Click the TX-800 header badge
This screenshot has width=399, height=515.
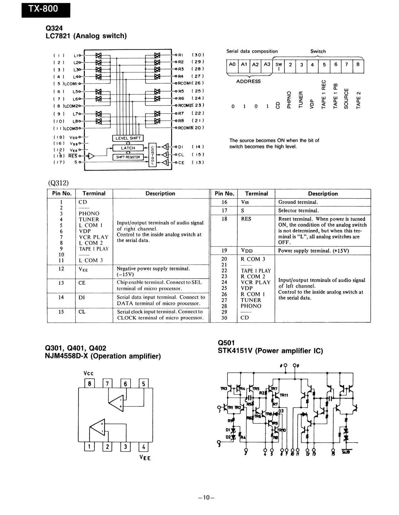point(46,9)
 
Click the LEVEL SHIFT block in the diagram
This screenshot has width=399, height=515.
point(128,138)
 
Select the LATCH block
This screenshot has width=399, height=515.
point(128,148)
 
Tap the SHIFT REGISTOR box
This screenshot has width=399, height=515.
point(128,157)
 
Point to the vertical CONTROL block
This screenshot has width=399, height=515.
point(152,155)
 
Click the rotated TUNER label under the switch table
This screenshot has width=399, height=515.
point(301,99)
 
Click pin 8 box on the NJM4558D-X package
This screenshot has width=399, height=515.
point(90,384)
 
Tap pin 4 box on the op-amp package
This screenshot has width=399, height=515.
point(144,447)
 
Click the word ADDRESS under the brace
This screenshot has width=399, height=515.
point(248,82)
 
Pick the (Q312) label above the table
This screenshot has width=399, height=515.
point(58,183)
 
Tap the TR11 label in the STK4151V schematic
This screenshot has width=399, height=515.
point(284,395)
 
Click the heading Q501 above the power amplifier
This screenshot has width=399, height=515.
point(226,343)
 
